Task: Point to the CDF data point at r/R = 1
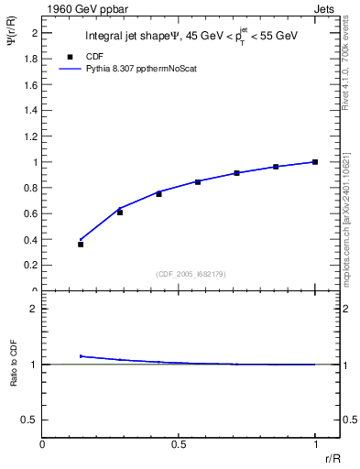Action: click(315, 162)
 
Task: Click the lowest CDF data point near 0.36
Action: click(81, 245)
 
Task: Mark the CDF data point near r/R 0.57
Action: click(198, 182)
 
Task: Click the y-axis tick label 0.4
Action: click(31, 240)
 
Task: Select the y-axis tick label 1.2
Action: click(31, 136)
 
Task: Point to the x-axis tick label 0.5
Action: click(178, 444)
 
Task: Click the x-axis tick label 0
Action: click(43, 444)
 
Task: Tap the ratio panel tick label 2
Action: click(33, 309)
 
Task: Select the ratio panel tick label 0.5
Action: click(29, 420)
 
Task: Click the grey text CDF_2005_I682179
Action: click(184, 273)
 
